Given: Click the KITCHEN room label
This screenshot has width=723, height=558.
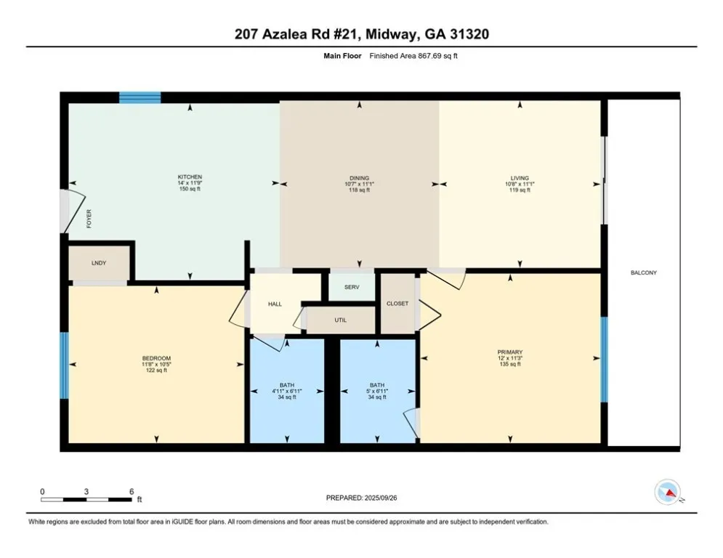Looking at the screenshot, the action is click(x=190, y=177).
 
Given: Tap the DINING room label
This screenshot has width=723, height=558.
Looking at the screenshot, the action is click(x=359, y=178).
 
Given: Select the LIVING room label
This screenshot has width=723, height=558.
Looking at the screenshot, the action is click(x=520, y=178).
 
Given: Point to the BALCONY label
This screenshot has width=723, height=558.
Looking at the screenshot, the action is click(x=644, y=272).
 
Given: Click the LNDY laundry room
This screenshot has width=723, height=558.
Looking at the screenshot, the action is click(x=99, y=263).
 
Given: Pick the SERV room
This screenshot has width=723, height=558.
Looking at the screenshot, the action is click(x=352, y=287).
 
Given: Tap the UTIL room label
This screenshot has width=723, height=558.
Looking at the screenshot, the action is click(x=341, y=320).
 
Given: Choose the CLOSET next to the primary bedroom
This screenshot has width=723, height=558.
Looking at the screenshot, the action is click(x=397, y=304).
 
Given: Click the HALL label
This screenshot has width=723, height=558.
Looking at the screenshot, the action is click(x=275, y=304).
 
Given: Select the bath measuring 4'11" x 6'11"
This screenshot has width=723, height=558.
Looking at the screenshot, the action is click(x=287, y=391).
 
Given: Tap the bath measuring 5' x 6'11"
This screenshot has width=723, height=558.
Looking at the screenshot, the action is click(x=377, y=391).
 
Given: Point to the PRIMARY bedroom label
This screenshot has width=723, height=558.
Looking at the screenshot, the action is click(x=510, y=352).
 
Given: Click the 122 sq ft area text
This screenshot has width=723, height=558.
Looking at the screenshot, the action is click(x=156, y=371).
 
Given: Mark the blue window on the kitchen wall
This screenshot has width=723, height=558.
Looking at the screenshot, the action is click(x=140, y=97).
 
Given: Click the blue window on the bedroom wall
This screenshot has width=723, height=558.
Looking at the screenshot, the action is click(x=65, y=365).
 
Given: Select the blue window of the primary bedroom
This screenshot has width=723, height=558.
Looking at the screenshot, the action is click(x=604, y=359).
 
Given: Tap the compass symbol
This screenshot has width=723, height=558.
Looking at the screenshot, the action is click(x=668, y=492).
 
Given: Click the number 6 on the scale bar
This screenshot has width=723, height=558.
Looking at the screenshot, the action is click(x=132, y=492).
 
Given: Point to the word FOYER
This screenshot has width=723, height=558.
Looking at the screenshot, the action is click(x=89, y=219).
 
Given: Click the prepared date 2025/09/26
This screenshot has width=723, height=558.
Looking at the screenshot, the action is click(x=381, y=498).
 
